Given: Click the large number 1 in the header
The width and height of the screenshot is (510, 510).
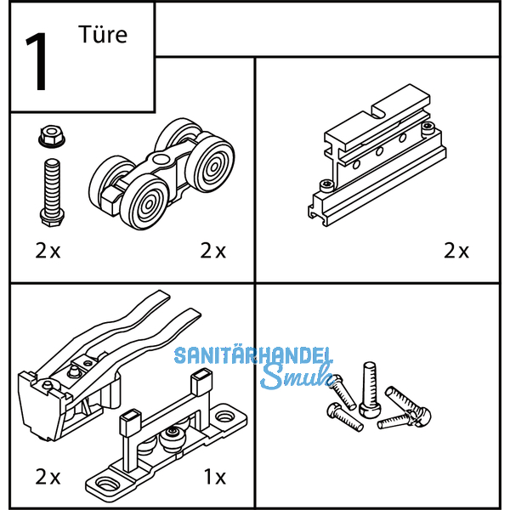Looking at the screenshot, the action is click(x=37, y=61).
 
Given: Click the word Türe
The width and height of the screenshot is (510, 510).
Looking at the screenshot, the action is click(x=103, y=35).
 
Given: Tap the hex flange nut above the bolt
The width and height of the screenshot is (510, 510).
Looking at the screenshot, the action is click(x=51, y=137).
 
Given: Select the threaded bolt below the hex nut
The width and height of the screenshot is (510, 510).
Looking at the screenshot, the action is click(x=52, y=192).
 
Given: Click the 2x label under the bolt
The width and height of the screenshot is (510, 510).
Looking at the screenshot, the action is click(x=48, y=251).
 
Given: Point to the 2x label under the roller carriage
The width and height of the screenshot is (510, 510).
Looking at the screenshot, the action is click(x=213, y=251).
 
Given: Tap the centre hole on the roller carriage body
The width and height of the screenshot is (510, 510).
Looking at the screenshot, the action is click(x=160, y=159).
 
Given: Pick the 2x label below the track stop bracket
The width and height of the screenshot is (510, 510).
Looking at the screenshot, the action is click(x=456, y=251).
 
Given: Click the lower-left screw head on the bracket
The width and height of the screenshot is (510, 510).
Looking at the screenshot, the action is click(x=326, y=186).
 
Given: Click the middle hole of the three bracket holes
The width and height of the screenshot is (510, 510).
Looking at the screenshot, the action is click(x=379, y=151).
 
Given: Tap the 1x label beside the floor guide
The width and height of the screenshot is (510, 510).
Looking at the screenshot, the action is click(x=215, y=477).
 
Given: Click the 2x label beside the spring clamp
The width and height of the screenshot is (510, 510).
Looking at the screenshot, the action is click(x=48, y=477).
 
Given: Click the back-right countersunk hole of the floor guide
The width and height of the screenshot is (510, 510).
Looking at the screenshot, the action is click(x=224, y=416).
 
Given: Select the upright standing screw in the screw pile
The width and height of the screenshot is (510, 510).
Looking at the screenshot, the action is click(x=370, y=389).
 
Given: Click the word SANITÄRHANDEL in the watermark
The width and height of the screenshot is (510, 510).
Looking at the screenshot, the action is click(x=253, y=355).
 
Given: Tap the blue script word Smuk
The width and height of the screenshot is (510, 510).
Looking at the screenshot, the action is click(x=297, y=377).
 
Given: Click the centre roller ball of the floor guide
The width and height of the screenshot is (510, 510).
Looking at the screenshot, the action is click(x=173, y=436).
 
